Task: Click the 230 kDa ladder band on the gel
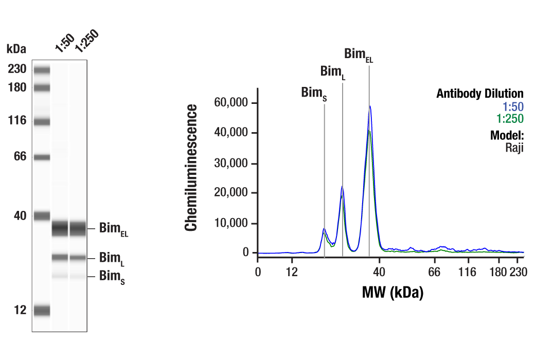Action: (42, 69)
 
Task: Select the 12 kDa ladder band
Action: (42, 310)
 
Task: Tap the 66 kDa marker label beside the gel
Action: (20, 157)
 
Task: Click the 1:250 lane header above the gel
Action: (85, 42)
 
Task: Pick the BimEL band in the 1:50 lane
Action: (60, 228)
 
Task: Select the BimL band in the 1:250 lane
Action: (78, 258)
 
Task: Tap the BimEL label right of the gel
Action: (114, 230)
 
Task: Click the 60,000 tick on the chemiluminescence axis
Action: (231, 103)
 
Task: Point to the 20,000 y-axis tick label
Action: (231, 193)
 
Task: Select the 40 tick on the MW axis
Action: (379, 271)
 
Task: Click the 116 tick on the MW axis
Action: (468, 271)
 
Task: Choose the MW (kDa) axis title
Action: (393, 293)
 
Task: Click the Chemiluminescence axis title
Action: (191, 168)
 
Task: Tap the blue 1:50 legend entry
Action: (513, 107)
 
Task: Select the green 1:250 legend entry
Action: (510, 119)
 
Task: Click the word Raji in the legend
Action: (514, 148)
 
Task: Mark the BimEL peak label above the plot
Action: (358, 55)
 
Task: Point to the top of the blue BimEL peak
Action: (370, 106)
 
